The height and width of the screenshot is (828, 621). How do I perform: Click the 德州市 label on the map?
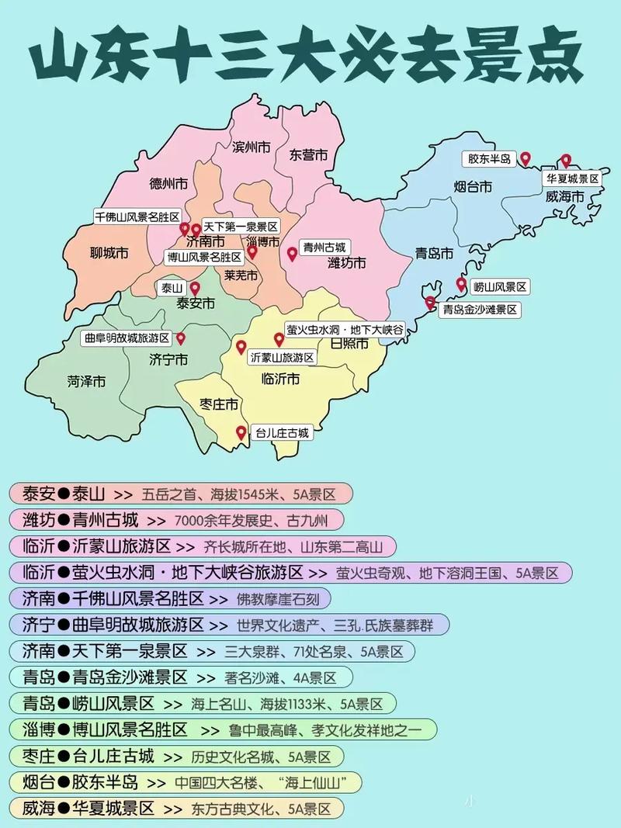click(x=168, y=185)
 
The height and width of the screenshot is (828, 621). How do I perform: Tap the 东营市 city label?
click(x=307, y=154)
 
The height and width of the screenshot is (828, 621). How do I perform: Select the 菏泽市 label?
click(x=86, y=381)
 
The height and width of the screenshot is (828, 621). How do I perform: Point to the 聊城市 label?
click(x=109, y=253)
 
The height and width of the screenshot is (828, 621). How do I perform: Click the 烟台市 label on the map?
click(x=473, y=186)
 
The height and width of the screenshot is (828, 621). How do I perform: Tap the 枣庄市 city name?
click(x=218, y=404)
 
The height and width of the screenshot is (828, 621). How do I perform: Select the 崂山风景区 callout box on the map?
click(x=500, y=287)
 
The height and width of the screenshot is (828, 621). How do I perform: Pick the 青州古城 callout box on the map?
click(x=324, y=247)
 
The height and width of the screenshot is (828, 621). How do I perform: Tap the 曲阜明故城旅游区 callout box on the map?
click(x=127, y=338)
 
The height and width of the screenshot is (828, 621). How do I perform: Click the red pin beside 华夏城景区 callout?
click(x=566, y=161)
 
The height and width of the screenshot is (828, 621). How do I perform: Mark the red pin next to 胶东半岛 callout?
click(x=526, y=158)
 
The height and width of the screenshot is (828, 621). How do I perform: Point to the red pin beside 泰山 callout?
click(x=195, y=288)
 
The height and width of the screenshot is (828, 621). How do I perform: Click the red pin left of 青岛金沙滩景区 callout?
click(x=430, y=303)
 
